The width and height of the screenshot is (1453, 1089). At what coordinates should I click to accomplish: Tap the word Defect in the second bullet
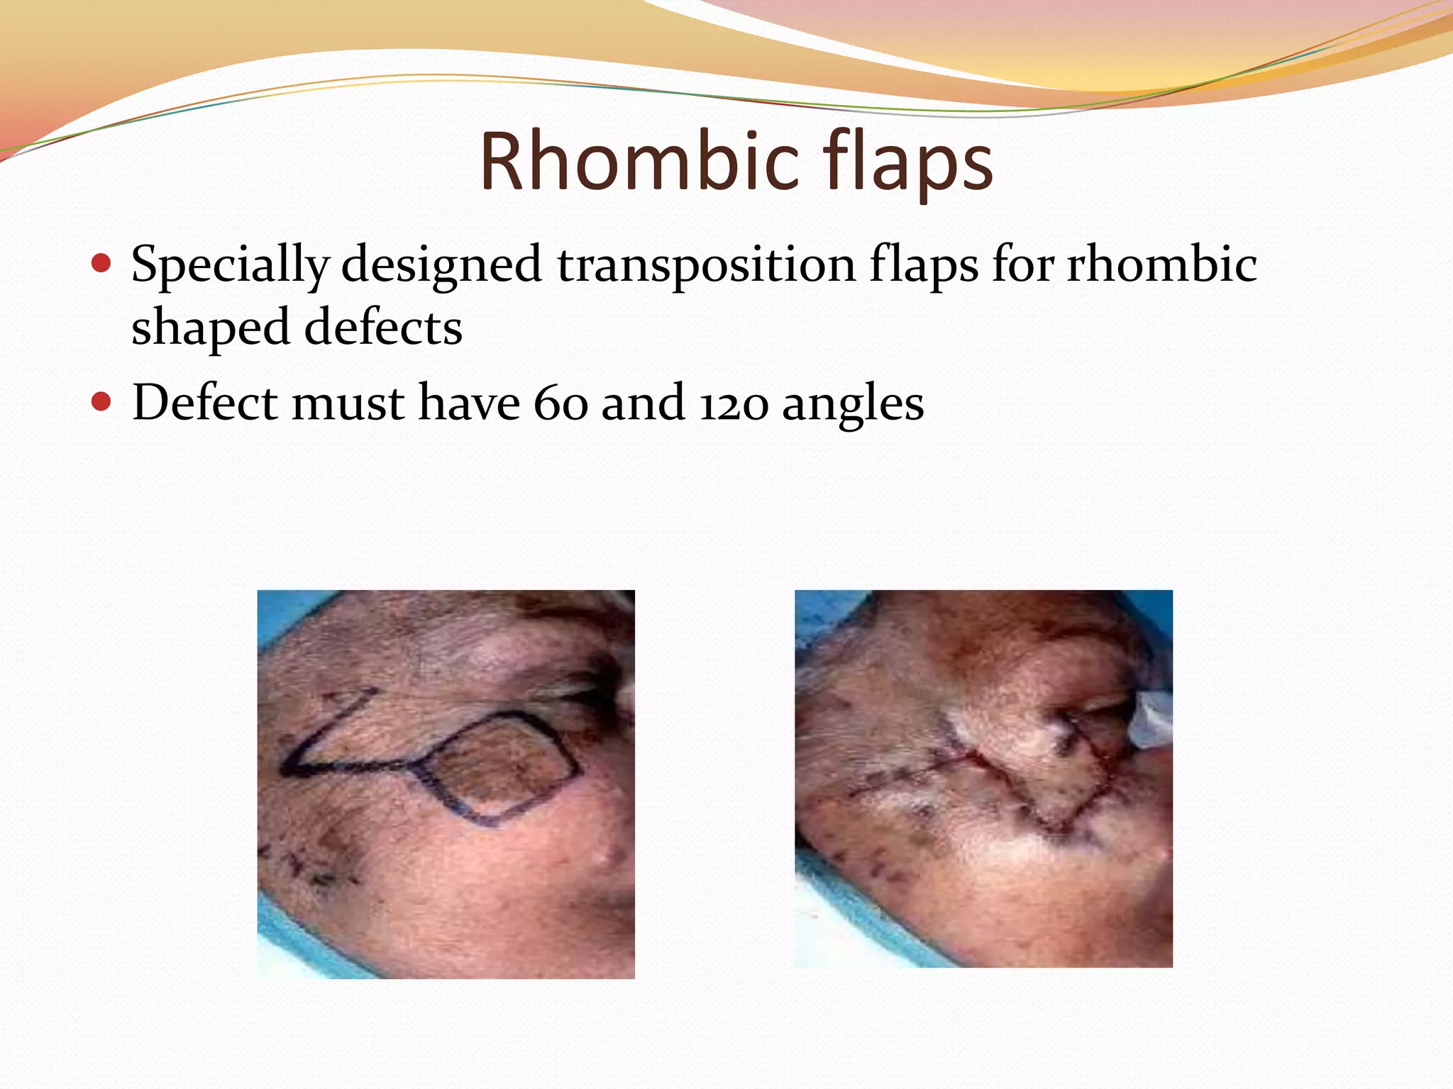[205, 403]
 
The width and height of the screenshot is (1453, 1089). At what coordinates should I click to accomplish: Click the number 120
[734, 403]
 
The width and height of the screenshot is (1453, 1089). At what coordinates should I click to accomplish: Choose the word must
[348, 403]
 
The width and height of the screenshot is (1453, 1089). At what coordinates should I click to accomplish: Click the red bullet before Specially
[102, 264]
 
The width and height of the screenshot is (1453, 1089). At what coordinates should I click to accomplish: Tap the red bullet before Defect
[102, 403]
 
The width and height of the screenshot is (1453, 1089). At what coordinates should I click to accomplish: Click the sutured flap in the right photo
[1029, 766]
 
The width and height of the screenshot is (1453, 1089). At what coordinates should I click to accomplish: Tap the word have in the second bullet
[469, 403]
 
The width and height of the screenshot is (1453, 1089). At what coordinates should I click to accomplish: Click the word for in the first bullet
[1022, 264]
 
